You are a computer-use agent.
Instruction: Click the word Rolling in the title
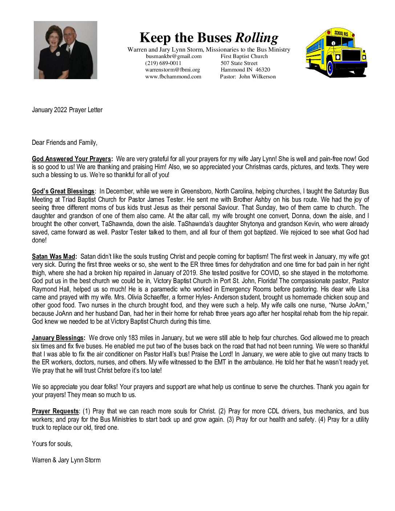257,38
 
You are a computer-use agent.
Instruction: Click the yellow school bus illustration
336,53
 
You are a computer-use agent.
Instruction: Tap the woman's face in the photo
54,39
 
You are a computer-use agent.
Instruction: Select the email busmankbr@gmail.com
174,56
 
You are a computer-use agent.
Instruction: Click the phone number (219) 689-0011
163,63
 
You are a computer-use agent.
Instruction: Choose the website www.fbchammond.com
173,77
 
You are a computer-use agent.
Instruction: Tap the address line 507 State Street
239,63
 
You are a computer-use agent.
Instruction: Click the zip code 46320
262,70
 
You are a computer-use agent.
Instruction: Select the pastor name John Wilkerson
257,77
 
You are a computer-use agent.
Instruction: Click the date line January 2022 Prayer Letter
67,110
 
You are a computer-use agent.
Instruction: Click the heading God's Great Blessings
63,191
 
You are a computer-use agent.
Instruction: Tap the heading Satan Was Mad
54,257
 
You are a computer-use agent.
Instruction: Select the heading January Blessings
58,338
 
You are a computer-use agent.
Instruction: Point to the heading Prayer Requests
55,411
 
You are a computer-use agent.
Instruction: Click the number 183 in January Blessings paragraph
133,338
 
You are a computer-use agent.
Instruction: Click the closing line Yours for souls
52,444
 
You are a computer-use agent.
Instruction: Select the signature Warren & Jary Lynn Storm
66,460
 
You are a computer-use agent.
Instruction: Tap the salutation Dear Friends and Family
65,143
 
